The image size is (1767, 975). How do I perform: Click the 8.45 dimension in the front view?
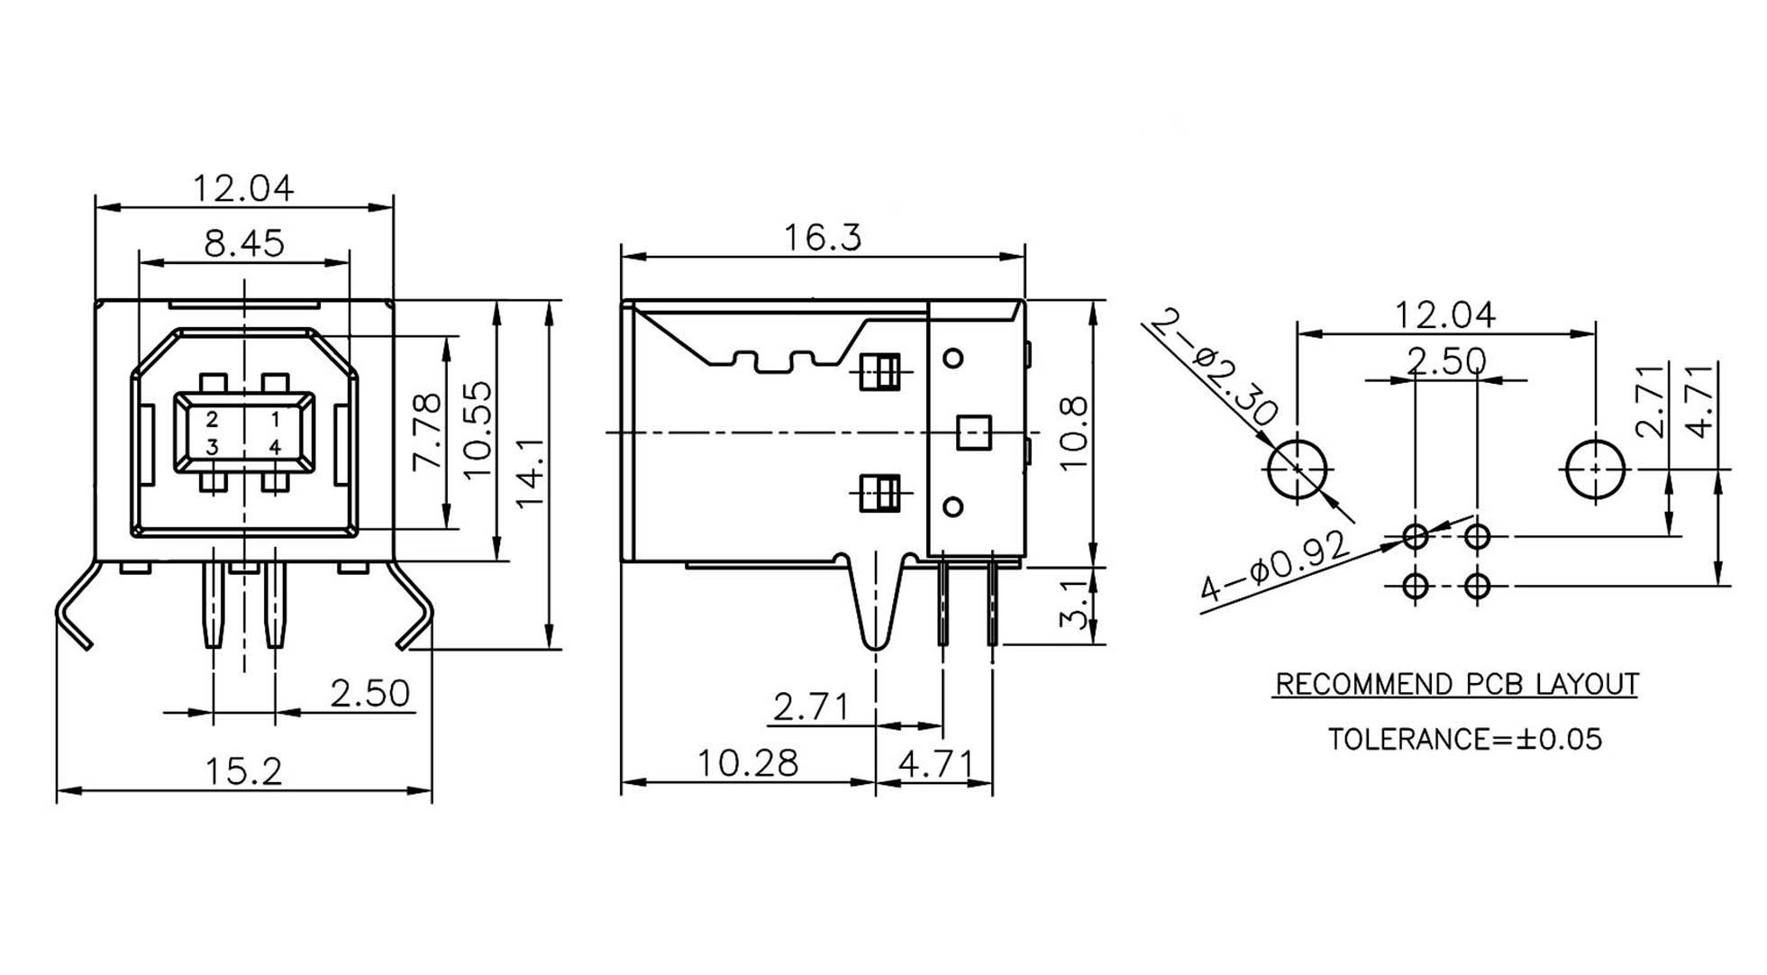tap(243, 243)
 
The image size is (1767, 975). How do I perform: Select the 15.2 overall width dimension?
tap(243, 771)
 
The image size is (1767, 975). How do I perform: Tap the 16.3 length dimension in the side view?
tap(822, 238)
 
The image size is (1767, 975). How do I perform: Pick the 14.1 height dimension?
tap(530, 472)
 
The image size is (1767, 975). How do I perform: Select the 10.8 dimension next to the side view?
tap(1073, 433)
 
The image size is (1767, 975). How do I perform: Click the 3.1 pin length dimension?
tap(1073, 605)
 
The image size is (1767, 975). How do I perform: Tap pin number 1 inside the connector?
tap(275, 419)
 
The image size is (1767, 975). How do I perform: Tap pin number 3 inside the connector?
tap(212, 447)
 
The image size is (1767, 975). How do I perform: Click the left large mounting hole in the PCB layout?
tap(1298, 469)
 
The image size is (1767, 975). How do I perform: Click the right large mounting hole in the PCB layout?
tap(1596, 469)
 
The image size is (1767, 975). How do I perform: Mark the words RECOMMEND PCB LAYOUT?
tap(1456, 685)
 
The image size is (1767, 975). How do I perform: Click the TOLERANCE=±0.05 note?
tap(1465, 740)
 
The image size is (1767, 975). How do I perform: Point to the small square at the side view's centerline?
tap(973, 433)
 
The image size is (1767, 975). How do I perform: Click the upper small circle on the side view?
tap(952, 359)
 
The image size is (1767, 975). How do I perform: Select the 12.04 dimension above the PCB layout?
tap(1444, 315)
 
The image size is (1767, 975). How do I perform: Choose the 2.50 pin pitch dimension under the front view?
tap(369, 694)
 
